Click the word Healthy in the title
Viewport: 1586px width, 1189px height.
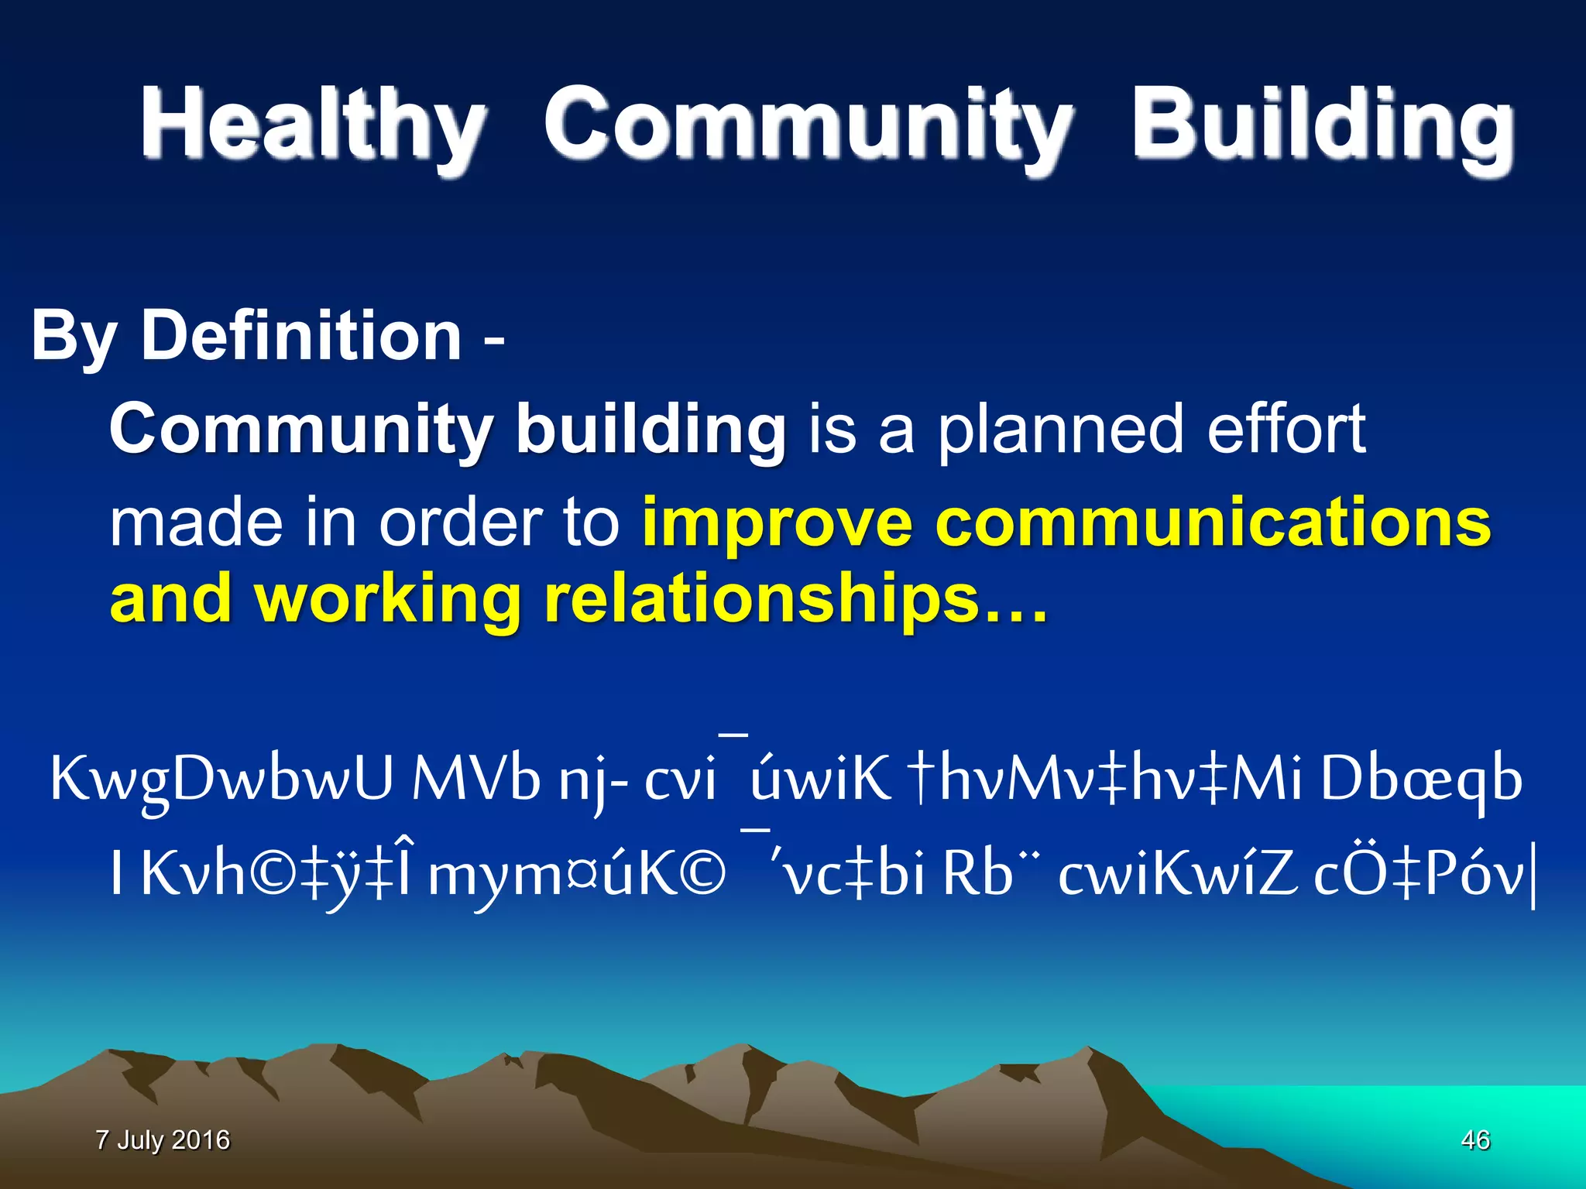coord(313,124)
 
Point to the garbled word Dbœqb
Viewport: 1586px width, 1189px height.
coord(1421,779)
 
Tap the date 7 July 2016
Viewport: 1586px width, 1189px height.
coord(163,1139)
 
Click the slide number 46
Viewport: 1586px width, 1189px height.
coord(1475,1139)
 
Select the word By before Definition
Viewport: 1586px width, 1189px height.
coord(74,337)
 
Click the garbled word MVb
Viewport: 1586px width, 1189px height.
coord(475,779)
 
